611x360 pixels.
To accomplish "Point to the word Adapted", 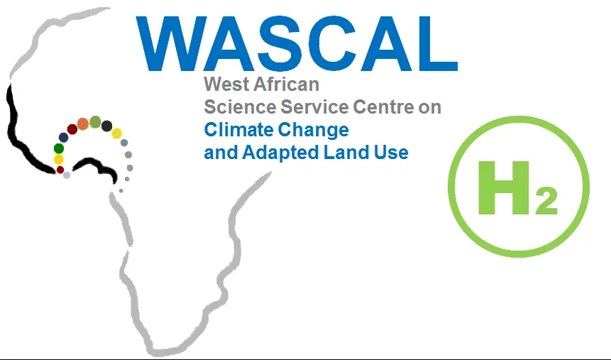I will pyautogui.click(x=271, y=153).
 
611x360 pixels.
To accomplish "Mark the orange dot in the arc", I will pyautogui.click(x=82, y=124).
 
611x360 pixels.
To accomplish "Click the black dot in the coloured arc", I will pyautogui.click(x=106, y=126).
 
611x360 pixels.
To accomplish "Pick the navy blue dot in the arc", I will pyautogui.click(x=63, y=137).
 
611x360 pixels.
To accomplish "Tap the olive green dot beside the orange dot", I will pyautogui.click(x=95, y=121).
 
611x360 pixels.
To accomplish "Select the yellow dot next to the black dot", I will pyautogui.click(x=117, y=133).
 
